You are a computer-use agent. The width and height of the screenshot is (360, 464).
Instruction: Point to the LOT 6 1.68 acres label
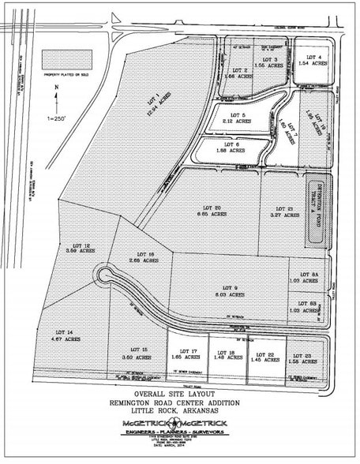pyautogui.click(x=231, y=148)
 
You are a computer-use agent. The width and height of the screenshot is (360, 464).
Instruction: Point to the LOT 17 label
pyautogui.click(x=188, y=354)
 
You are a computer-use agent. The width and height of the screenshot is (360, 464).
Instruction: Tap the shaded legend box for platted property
pyautogui.click(x=66, y=59)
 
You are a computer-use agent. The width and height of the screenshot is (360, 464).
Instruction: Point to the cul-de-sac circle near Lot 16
pyautogui.click(x=103, y=275)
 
